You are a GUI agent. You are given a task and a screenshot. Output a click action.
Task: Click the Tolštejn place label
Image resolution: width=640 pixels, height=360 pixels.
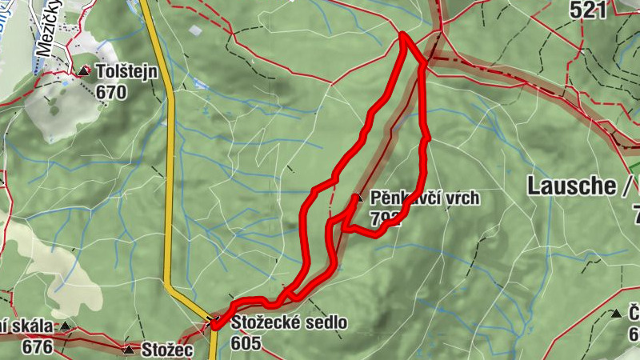[126, 72]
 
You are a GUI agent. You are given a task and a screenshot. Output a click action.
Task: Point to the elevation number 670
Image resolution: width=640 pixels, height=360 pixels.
[111, 93]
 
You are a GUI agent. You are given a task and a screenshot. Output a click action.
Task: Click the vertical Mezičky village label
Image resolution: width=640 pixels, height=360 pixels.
[49, 36]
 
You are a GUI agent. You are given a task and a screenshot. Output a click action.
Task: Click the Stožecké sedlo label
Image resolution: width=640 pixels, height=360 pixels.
[290, 322]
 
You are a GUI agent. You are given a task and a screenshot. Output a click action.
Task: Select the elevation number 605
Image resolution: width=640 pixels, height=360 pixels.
[246, 343]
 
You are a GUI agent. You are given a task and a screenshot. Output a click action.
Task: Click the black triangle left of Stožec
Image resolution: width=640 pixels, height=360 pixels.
[129, 350]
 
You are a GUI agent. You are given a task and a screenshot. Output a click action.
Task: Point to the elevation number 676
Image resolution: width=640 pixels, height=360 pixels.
[38, 347]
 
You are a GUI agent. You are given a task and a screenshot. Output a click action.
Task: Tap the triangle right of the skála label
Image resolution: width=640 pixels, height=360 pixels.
[66, 326]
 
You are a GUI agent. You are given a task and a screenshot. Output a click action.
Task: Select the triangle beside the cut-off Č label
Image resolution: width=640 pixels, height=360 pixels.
[617, 314]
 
